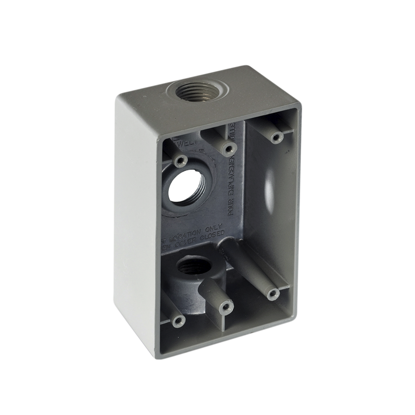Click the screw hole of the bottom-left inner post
[x=178, y=321]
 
